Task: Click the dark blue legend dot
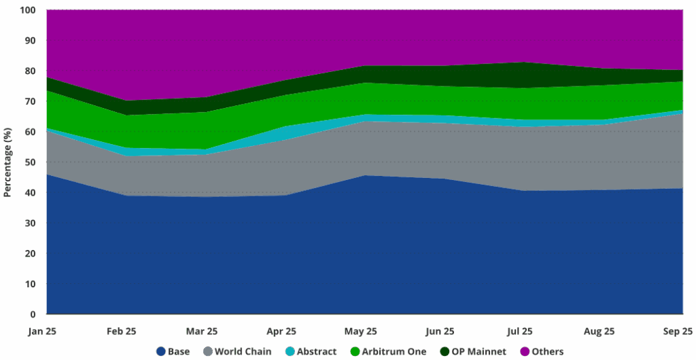coord(161,351)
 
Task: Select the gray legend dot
coord(208,351)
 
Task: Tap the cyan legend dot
coord(290,351)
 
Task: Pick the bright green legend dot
coord(355,351)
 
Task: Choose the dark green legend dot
coord(445,351)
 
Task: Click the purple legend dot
coord(525,351)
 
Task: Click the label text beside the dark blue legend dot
coord(180,351)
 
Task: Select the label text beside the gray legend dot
coord(245,351)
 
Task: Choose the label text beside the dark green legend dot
coord(479,351)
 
